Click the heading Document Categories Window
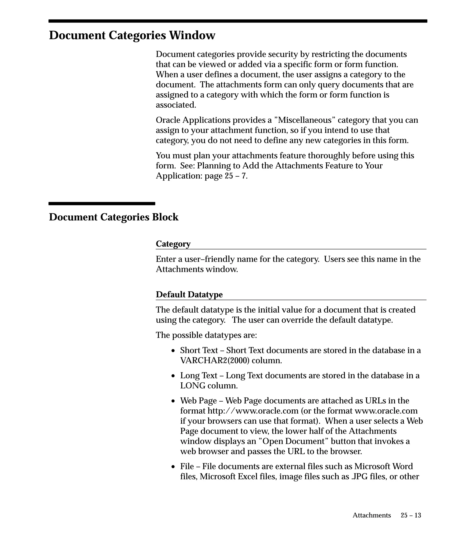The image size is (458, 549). click(132, 35)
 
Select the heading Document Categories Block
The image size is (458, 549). click(114, 217)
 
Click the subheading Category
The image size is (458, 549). click(173, 244)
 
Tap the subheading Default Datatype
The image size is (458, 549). click(189, 295)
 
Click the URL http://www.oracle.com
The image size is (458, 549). click(253, 411)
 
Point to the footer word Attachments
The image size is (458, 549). click(372, 515)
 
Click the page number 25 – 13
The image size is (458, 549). click(411, 515)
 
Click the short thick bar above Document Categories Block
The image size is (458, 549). click(102, 204)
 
